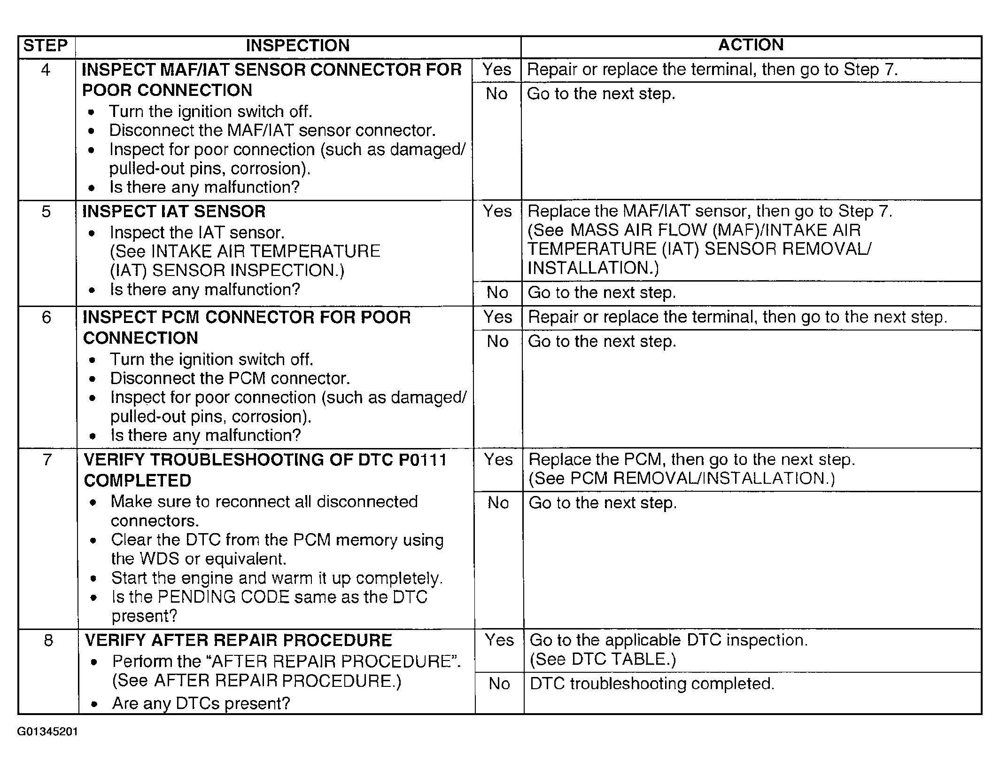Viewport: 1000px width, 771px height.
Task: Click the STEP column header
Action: coord(46,46)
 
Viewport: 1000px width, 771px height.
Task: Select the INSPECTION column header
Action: coord(298,46)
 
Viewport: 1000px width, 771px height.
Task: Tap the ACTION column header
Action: coord(751,45)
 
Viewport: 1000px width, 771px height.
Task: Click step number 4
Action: coord(46,70)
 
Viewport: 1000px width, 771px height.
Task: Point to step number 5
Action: coord(46,212)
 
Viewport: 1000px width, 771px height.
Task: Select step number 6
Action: coord(47,317)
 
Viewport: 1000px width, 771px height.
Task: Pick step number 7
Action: coord(47,459)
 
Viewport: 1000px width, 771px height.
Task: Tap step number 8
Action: coord(48,640)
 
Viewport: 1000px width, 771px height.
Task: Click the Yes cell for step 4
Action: coord(496,70)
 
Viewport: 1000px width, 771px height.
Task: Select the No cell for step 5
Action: coord(497,293)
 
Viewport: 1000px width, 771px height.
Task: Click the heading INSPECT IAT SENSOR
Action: coord(174,212)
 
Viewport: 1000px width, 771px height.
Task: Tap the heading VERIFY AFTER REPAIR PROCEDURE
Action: coord(238,640)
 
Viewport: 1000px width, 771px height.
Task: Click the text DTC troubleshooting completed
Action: coord(652,684)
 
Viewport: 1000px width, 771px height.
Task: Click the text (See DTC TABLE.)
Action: coord(603,659)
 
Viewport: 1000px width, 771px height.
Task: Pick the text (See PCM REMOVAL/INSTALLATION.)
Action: coord(682,479)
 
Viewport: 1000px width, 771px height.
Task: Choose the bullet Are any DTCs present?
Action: coord(201,703)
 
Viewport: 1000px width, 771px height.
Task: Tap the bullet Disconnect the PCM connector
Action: coord(230,378)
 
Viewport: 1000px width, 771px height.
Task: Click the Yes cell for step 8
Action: coord(499,640)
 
